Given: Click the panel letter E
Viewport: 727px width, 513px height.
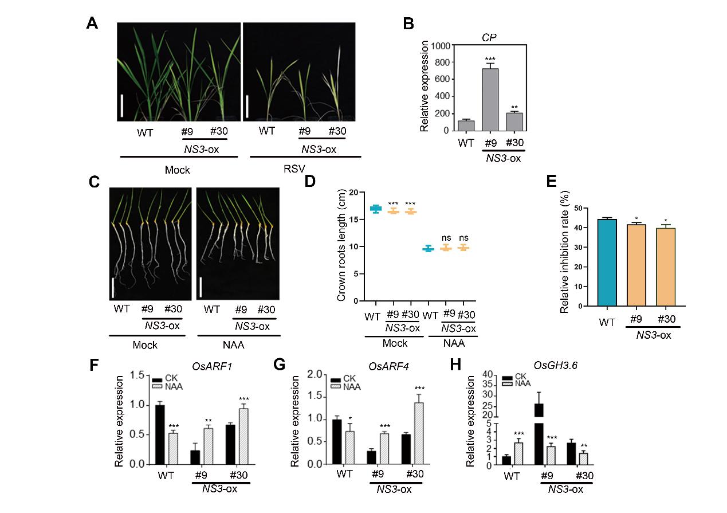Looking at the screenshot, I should [x=551, y=182].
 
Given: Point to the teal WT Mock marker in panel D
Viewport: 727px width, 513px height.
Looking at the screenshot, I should [x=375, y=209].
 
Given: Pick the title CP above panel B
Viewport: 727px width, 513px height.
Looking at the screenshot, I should [x=488, y=36].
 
